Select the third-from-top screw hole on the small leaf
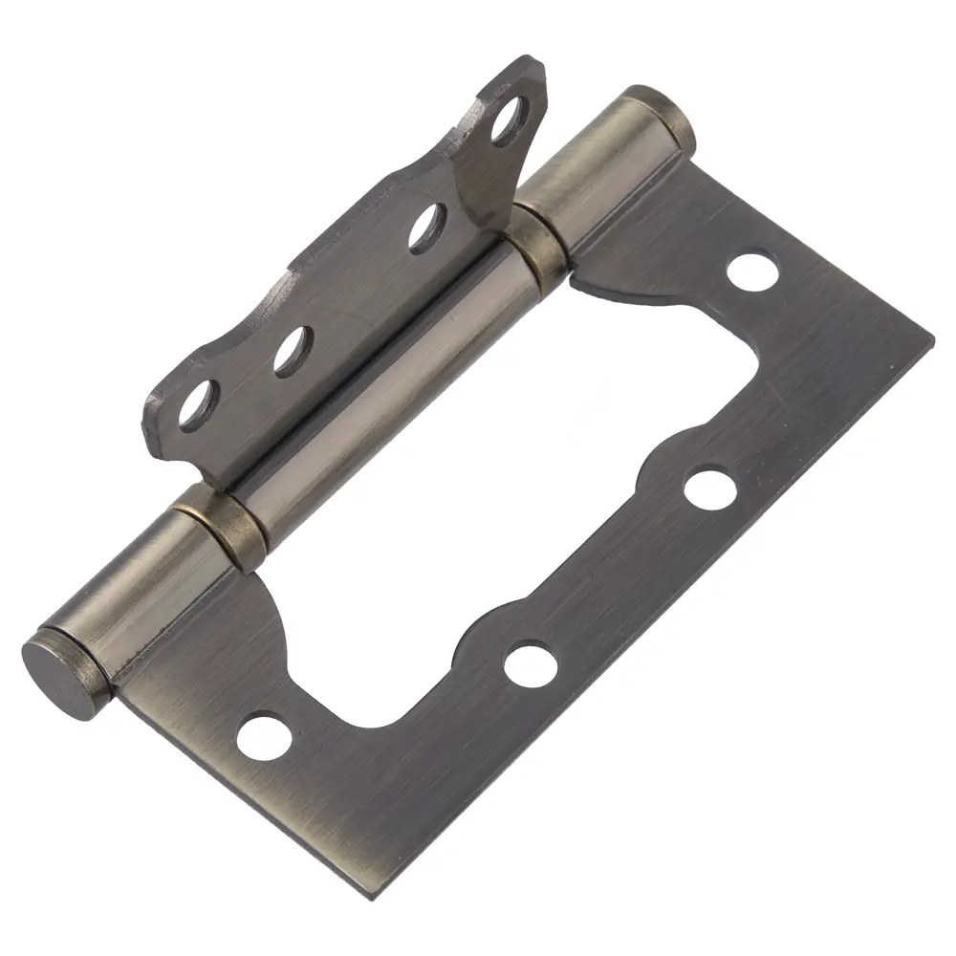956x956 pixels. click(291, 351)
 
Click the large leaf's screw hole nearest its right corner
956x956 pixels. click(751, 270)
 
